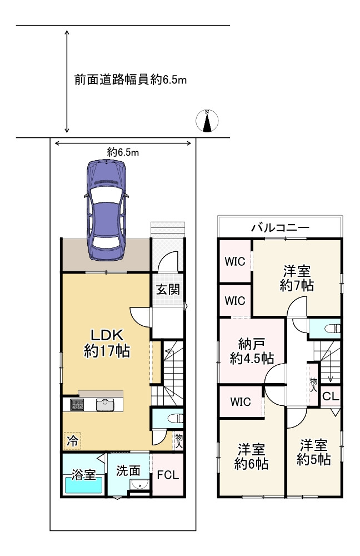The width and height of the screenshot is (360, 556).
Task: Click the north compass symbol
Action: coord(207,121)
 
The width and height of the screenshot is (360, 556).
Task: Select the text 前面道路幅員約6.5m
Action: coord(130,80)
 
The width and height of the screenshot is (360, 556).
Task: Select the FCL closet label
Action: coord(167,475)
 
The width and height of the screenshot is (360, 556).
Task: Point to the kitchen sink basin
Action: coord(105,404)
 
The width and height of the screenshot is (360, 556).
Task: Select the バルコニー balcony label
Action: coord(279,227)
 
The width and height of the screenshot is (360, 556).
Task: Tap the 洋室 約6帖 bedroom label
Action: coord(251,456)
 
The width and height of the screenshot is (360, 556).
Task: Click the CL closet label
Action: coord(329,396)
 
